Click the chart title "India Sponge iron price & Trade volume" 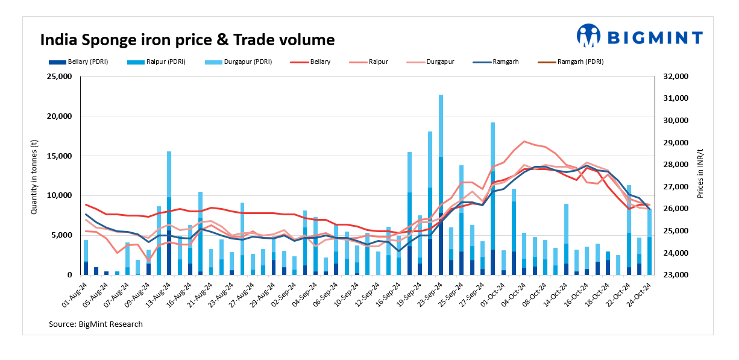coord(187,40)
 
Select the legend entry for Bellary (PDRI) coord(78,62)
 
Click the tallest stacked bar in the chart coord(441,181)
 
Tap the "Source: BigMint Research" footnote coord(96,324)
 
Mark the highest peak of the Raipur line coord(524,141)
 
